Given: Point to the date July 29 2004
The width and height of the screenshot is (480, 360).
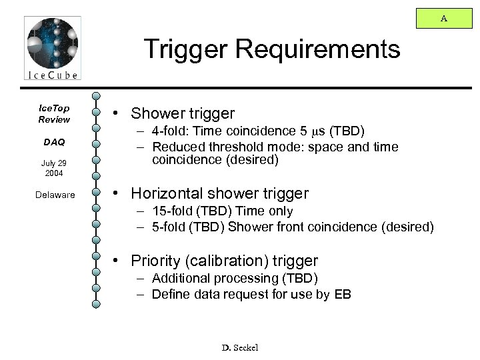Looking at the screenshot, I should click(53, 167).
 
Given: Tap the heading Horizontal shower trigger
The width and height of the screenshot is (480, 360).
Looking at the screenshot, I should click(220, 194).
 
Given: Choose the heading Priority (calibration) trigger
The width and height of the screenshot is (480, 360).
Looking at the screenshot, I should click(225, 261).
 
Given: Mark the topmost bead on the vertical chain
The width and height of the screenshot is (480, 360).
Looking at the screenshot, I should click(97, 97).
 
